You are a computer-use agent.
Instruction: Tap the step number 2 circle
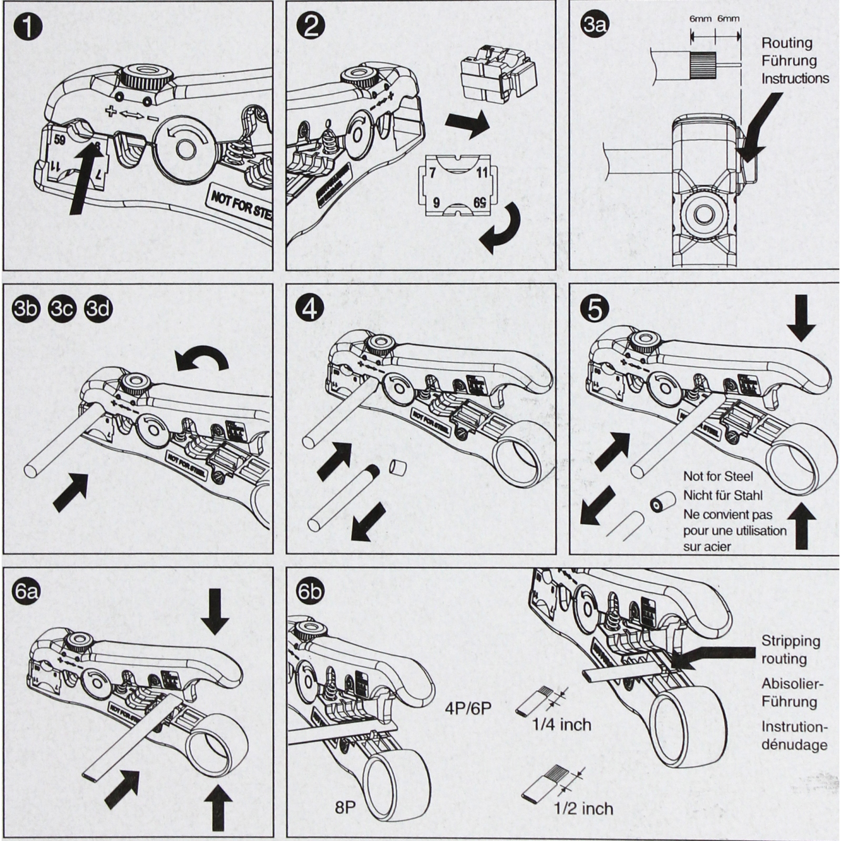(x=311, y=26)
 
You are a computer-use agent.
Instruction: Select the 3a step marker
(x=594, y=25)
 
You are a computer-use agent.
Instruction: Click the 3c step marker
(x=62, y=309)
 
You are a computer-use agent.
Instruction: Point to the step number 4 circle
(x=310, y=309)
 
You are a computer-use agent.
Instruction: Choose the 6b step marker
(x=310, y=592)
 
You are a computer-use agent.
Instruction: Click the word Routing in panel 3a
(x=787, y=43)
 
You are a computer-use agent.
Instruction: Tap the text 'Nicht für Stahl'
(x=722, y=495)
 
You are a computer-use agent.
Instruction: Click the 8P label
(x=345, y=807)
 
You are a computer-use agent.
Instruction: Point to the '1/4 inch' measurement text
(x=561, y=725)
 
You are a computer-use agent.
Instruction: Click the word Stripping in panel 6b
(x=791, y=641)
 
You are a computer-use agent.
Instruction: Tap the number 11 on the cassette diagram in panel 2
(x=483, y=172)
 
